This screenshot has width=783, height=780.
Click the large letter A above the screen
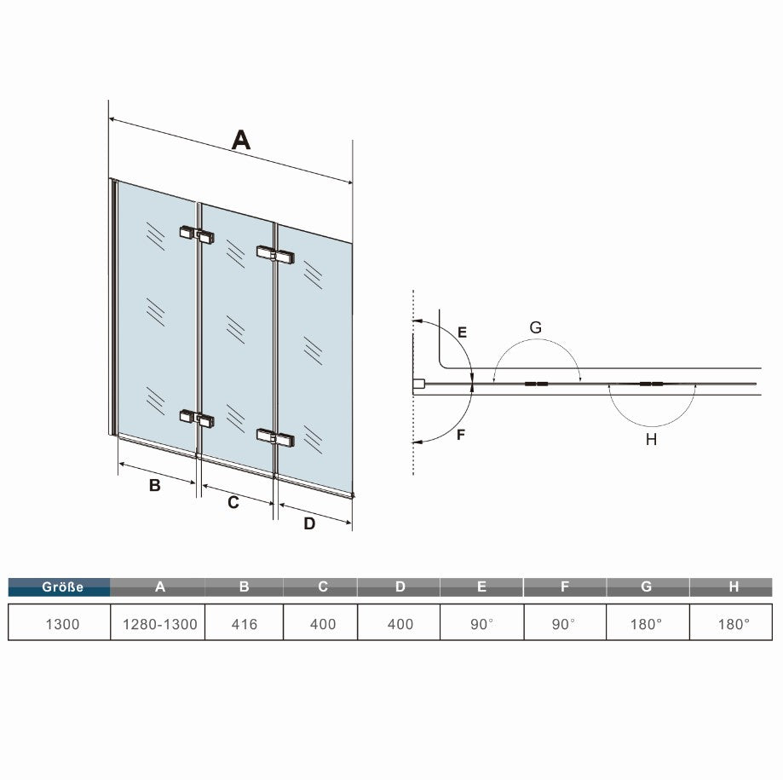click(x=240, y=140)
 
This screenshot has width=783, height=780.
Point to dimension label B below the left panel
click(x=155, y=485)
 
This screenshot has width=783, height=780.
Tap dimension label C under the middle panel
click(x=233, y=502)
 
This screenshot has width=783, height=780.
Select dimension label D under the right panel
click(x=309, y=523)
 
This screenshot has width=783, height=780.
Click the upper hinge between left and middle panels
click(x=198, y=234)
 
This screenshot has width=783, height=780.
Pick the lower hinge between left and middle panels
click(x=198, y=419)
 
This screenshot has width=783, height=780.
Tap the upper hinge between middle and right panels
click(x=275, y=255)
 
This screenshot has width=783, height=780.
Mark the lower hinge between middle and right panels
click(x=275, y=437)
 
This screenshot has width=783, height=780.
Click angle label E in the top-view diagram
click(x=463, y=332)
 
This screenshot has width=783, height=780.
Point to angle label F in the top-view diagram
click(x=462, y=434)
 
